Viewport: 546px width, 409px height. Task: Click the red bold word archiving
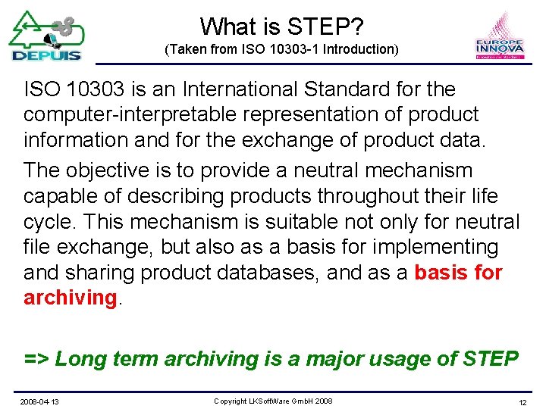(68, 298)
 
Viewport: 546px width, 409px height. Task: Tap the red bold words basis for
(458, 273)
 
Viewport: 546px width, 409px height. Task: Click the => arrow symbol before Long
(36, 358)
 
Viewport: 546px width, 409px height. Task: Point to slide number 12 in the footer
(522, 401)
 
